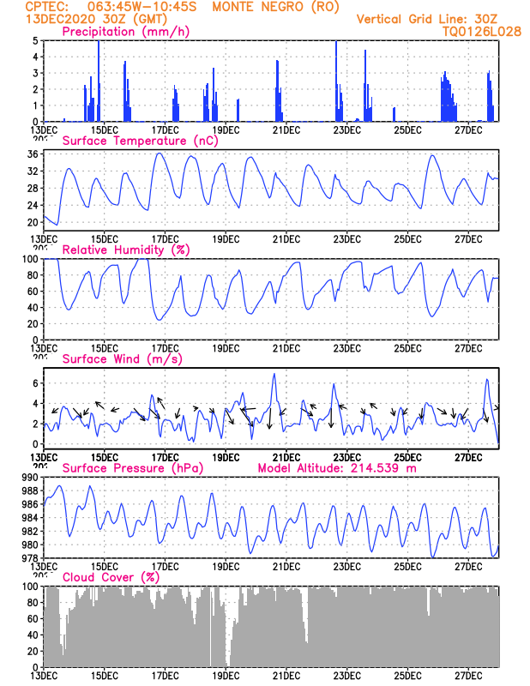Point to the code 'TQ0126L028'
click(x=481, y=32)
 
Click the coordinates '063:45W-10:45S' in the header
click(x=136, y=7)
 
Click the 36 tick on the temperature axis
click(x=32, y=154)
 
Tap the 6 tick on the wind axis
click(x=35, y=382)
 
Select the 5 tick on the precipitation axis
click(x=35, y=41)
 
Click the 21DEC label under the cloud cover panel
click(x=286, y=675)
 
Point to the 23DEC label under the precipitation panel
click(x=346, y=130)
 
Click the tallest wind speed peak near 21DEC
click(x=274, y=374)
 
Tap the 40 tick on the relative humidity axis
click(x=32, y=307)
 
